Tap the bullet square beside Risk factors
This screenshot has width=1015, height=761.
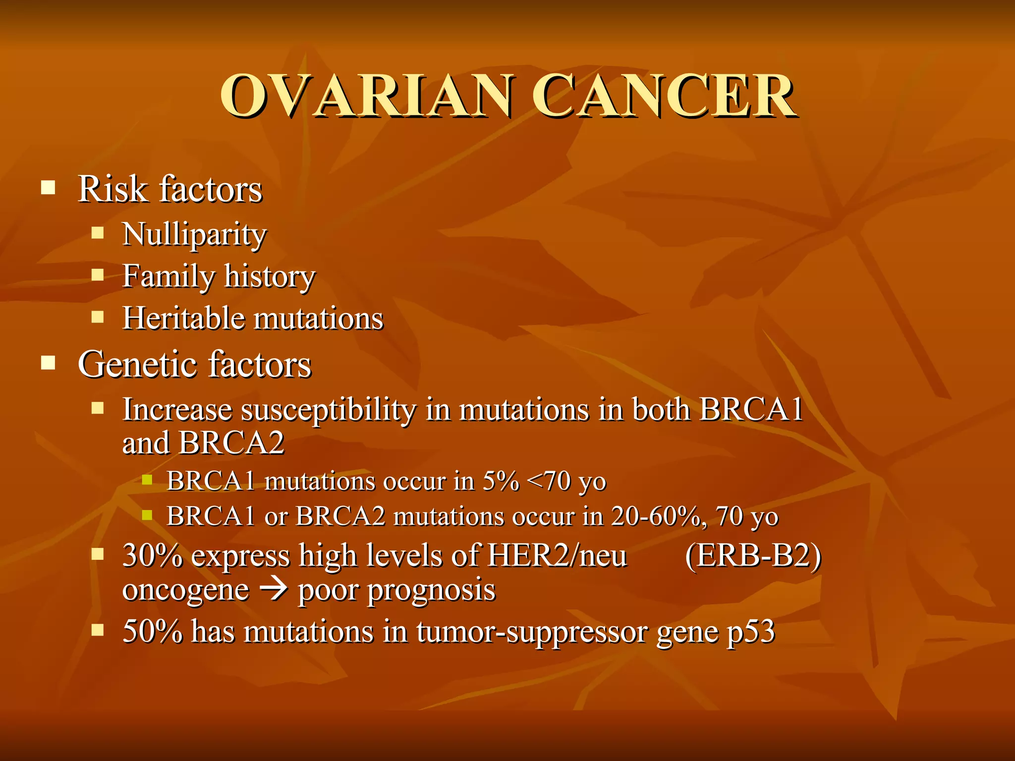pyautogui.click(x=48, y=188)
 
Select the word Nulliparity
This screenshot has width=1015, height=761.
pyautogui.click(x=194, y=234)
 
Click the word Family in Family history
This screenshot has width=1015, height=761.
pyautogui.click(x=169, y=276)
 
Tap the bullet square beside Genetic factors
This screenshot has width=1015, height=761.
pyautogui.click(x=48, y=363)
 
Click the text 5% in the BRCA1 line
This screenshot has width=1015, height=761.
pyautogui.click(x=501, y=481)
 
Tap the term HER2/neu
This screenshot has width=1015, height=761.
pyautogui.click(x=557, y=555)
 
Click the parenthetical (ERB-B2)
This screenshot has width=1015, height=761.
pyautogui.click(x=753, y=555)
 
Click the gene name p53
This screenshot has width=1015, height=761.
pyautogui.click(x=750, y=632)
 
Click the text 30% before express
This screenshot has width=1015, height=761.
pyautogui.click(x=152, y=555)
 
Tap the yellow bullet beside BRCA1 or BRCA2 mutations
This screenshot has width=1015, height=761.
pyautogui.click(x=147, y=515)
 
